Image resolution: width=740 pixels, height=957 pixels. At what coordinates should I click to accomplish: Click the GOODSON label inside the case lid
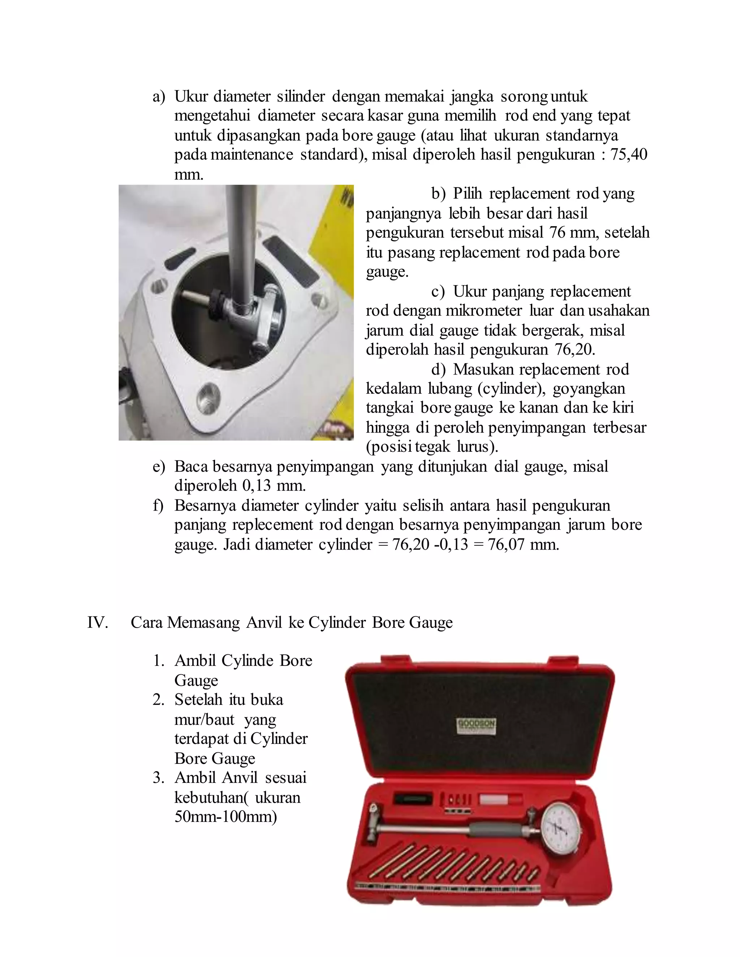[x=476, y=723]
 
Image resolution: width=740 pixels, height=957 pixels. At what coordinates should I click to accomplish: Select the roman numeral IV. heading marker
[x=97, y=623]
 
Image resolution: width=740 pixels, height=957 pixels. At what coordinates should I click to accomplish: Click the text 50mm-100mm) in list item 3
[x=225, y=817]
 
